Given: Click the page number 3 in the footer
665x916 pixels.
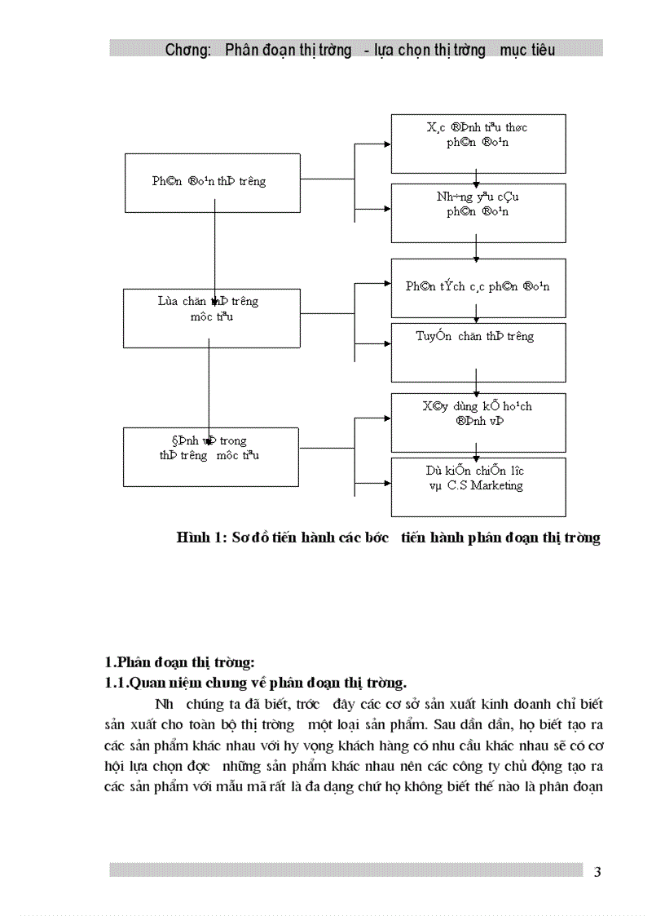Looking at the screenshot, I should (597, 872).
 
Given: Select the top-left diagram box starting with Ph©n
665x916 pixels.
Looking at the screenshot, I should (209, 181).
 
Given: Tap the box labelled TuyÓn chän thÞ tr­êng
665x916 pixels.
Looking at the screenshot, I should (478, 352).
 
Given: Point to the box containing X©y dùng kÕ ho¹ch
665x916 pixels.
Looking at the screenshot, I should (478, 423).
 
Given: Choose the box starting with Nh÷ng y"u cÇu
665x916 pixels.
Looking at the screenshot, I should (478, 213).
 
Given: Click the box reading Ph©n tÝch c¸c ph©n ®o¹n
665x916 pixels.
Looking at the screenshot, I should (478, 287).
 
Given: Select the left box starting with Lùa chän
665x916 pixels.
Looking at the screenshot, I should (209, 317).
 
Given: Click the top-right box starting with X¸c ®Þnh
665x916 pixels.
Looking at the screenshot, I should (478, 144).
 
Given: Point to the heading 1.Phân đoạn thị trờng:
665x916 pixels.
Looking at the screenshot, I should (180, 662).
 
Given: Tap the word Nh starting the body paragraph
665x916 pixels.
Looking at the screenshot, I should (163, 703).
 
